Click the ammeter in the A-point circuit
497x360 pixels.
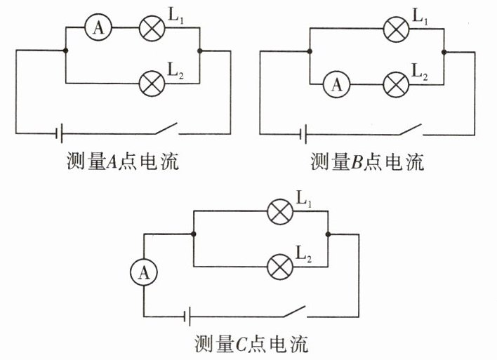(x=98, y=27)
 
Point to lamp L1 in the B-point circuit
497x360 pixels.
(x=395, y=28)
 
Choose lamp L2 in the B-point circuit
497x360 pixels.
(x=395, y=85)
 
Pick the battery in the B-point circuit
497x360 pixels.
(x=303, y=132)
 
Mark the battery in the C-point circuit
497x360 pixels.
(x=187, y=316)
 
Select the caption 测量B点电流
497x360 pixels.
(x=367, y=163)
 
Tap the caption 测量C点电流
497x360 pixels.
(x=251, y=344)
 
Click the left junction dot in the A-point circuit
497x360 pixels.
(x=64, y=51)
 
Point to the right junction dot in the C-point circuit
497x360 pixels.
(x=328, y=234)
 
